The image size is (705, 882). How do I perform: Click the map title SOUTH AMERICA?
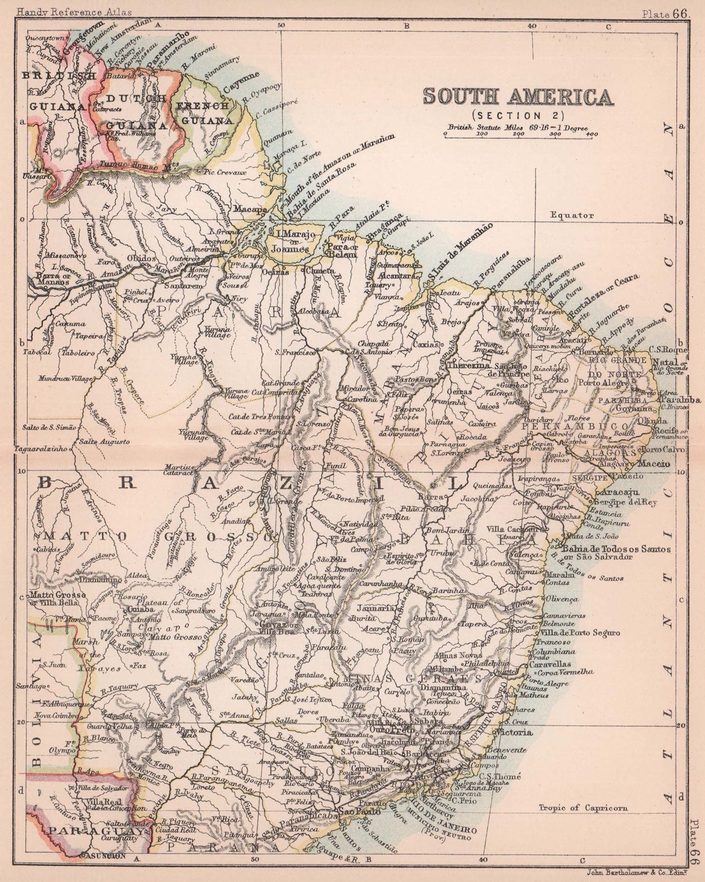tap(518, 96)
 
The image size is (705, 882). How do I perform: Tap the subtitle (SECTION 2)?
tap(517, 115)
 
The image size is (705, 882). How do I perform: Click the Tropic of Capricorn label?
tap(583, 808)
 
